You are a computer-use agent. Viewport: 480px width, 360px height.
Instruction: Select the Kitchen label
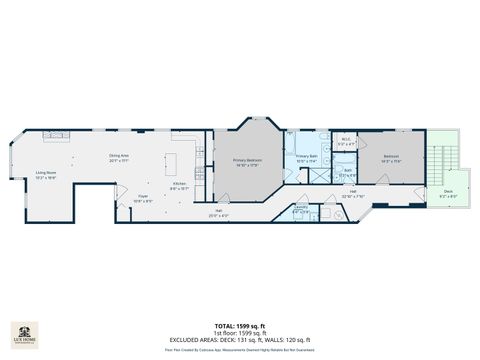[x=178, y=186]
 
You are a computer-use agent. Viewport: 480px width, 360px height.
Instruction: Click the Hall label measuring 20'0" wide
[x=219, y=213]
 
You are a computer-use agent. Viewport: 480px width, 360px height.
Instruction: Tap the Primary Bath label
[x=306, y=159]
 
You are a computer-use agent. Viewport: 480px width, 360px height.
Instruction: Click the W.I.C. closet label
[x=345, y=143]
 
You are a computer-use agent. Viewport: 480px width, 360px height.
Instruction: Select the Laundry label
[x=300, y=211]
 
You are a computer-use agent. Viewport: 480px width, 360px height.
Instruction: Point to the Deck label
[x=449, y=195]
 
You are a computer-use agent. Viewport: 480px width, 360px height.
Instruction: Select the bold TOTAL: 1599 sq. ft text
[x=239, y=326]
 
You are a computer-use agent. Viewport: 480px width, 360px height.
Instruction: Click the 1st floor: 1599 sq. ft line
[x=239, y=333]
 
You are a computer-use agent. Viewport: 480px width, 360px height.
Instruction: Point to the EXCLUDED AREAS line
[x=239, y=340]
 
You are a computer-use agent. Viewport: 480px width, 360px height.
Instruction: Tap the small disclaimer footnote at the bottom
[x=239, y=350]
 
